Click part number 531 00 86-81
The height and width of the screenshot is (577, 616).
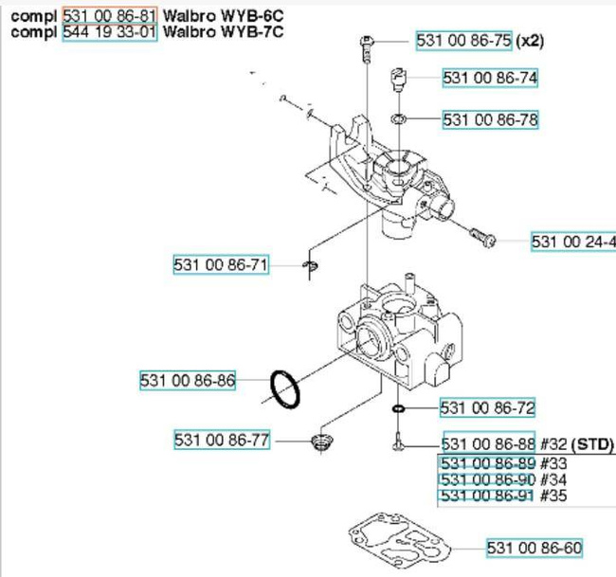(x=110, y=16)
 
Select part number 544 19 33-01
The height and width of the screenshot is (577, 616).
(x=110, y=31)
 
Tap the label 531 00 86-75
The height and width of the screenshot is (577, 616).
(x=464, y=41)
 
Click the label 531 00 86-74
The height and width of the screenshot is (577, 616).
(x=490, y=78)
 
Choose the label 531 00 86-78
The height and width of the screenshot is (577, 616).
(x=490, y=119)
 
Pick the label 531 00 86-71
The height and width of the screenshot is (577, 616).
(x=221, y=265)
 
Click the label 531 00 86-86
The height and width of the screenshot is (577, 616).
(x=187, y=381)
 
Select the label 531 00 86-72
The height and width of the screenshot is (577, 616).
(x=487, y=408)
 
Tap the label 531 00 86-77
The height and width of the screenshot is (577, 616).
(x=221, y=440)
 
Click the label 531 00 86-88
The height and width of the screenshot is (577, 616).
(x=489, y=444)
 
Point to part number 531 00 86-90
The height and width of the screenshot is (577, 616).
(x=489, y=479)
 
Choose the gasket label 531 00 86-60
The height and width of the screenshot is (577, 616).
(x=534, y=548)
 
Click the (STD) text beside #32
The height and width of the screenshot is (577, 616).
(x=592, y=444)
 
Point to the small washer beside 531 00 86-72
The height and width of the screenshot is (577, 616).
(x=399, y=409)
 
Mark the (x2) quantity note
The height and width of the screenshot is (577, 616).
(x=529, y=41)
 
